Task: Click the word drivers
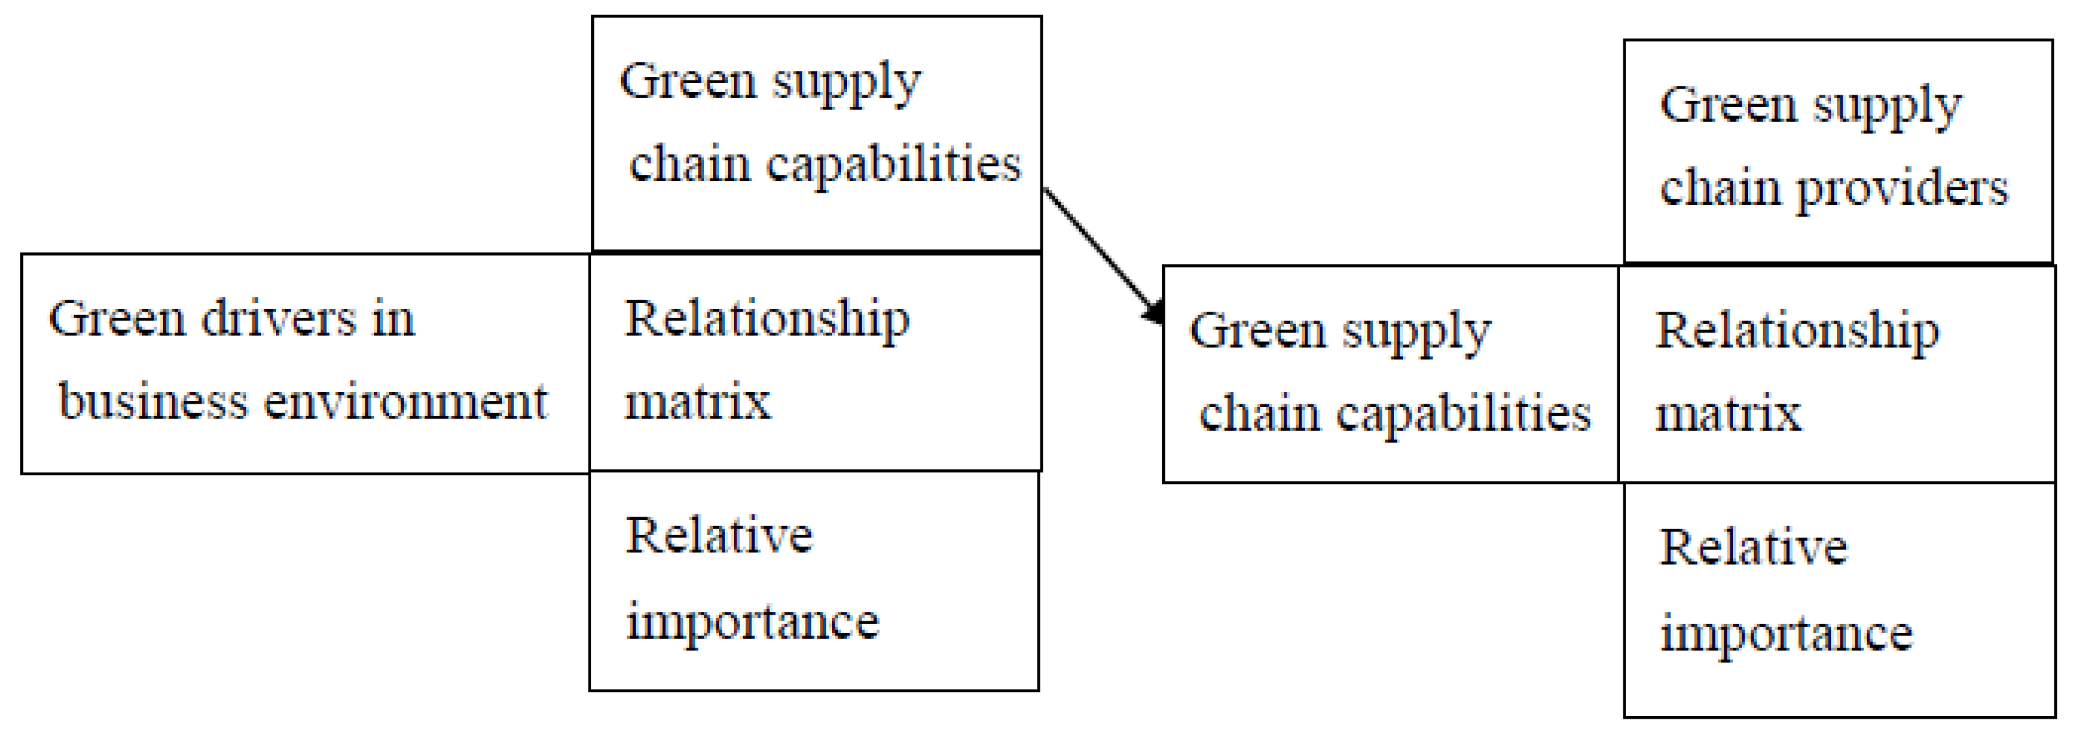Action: pyautogui.click(x=278, y=318)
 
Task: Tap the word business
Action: pyautogui.click(x=154, y=401)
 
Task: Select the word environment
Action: pyautogui.click(x=406, y=401)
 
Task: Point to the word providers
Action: pyautogui.click(x=1901, y=189)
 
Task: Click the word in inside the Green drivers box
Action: pyautogui.click(x=393, y=318)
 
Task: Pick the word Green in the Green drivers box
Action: pyautogui.click(x=118, y=318)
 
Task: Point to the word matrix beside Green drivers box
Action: pyautogui.click(x=698, y=401)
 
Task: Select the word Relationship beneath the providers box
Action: pyautogui.click(x=1797, y=332)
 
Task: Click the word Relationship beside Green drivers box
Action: pyautogui.click(x=767, y=320)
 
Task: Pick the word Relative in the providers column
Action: pyautogui.click(x=1753, y=548)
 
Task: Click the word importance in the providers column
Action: pyautogui.click(x=1786, y=633)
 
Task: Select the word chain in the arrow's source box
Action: pyautogui.click(x=690, y=164)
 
